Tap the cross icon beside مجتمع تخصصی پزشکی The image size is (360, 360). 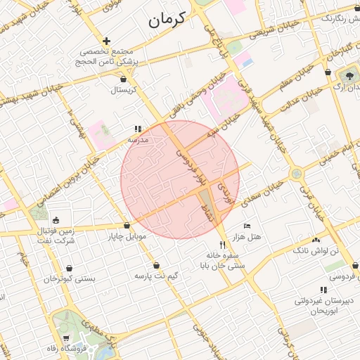tap(106, 41)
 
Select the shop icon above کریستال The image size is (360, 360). tap(124, 79)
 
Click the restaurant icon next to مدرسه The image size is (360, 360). tap(138, 129)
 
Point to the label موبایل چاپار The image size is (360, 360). tap(128, 236)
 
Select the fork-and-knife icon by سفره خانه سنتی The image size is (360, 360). tap(223, 245)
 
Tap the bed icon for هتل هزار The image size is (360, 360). tap(246, 226)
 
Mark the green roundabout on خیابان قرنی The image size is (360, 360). tap(297, 173)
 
